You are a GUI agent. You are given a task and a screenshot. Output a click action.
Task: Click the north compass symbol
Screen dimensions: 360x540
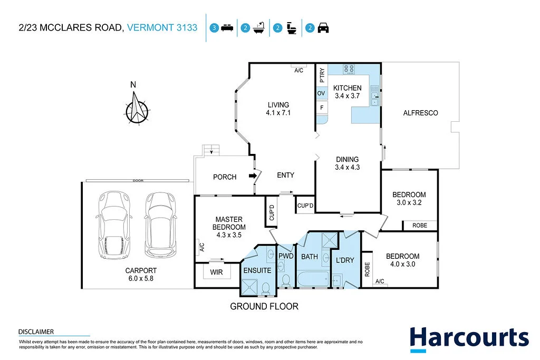pos(137,108)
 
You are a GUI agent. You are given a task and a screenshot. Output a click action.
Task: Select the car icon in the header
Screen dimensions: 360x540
pos(323,28)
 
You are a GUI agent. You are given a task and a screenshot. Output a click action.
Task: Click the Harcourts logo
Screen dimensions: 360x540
pos(469,337)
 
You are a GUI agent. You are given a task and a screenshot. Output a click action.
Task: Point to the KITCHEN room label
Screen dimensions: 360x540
pos(347,88)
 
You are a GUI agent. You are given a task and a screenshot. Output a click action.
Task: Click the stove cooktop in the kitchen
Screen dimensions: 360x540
pos(349,69)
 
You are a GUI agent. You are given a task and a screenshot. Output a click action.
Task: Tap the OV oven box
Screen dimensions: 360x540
pos(321,93)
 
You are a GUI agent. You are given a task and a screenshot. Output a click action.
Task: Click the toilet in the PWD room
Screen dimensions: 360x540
pos(286,279)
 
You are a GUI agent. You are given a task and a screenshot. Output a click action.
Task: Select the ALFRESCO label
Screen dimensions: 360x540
pos(420,113)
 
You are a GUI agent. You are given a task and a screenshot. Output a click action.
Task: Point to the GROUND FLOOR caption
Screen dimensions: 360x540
pos(264,306)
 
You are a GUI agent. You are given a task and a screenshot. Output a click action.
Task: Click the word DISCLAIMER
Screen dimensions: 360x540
pos(36,332)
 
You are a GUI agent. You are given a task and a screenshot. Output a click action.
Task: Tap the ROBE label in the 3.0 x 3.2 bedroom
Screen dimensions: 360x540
pos(420,226)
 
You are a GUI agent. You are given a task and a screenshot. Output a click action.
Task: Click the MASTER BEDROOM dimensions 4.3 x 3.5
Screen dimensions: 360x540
pos(229,236)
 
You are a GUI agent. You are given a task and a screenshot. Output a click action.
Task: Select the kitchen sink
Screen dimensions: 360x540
pos(374,99)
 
